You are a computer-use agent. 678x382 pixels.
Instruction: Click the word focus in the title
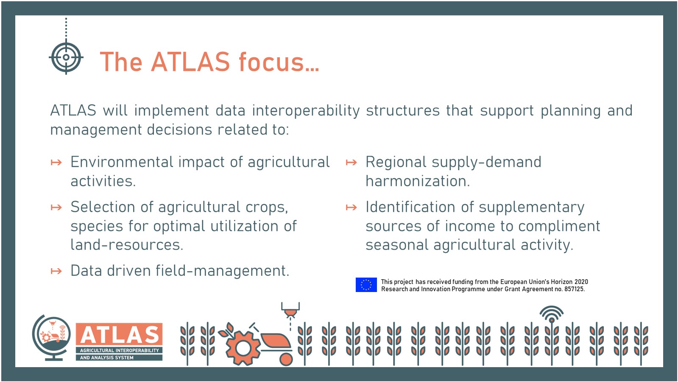pos(279,62)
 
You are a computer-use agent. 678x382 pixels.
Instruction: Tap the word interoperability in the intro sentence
pos(306,111)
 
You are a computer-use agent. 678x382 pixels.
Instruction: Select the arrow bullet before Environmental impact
pos(56,163)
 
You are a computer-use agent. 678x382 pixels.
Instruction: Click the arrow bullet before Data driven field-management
pos(56,271)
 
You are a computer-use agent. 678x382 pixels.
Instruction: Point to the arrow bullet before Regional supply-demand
pos(352,163)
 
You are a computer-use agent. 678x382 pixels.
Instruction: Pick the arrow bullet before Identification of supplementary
pos(352,208)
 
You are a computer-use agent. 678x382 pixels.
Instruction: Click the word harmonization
pos(418,181)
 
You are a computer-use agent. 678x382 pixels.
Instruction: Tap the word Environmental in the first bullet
pos(122,162)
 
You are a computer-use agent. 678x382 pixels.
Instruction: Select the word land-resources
pos(127,245)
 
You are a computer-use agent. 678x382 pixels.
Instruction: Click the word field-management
pos(223,271)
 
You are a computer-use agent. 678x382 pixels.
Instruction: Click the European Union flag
pos(366,285)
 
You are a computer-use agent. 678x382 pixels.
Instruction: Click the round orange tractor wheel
pos(286,360)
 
